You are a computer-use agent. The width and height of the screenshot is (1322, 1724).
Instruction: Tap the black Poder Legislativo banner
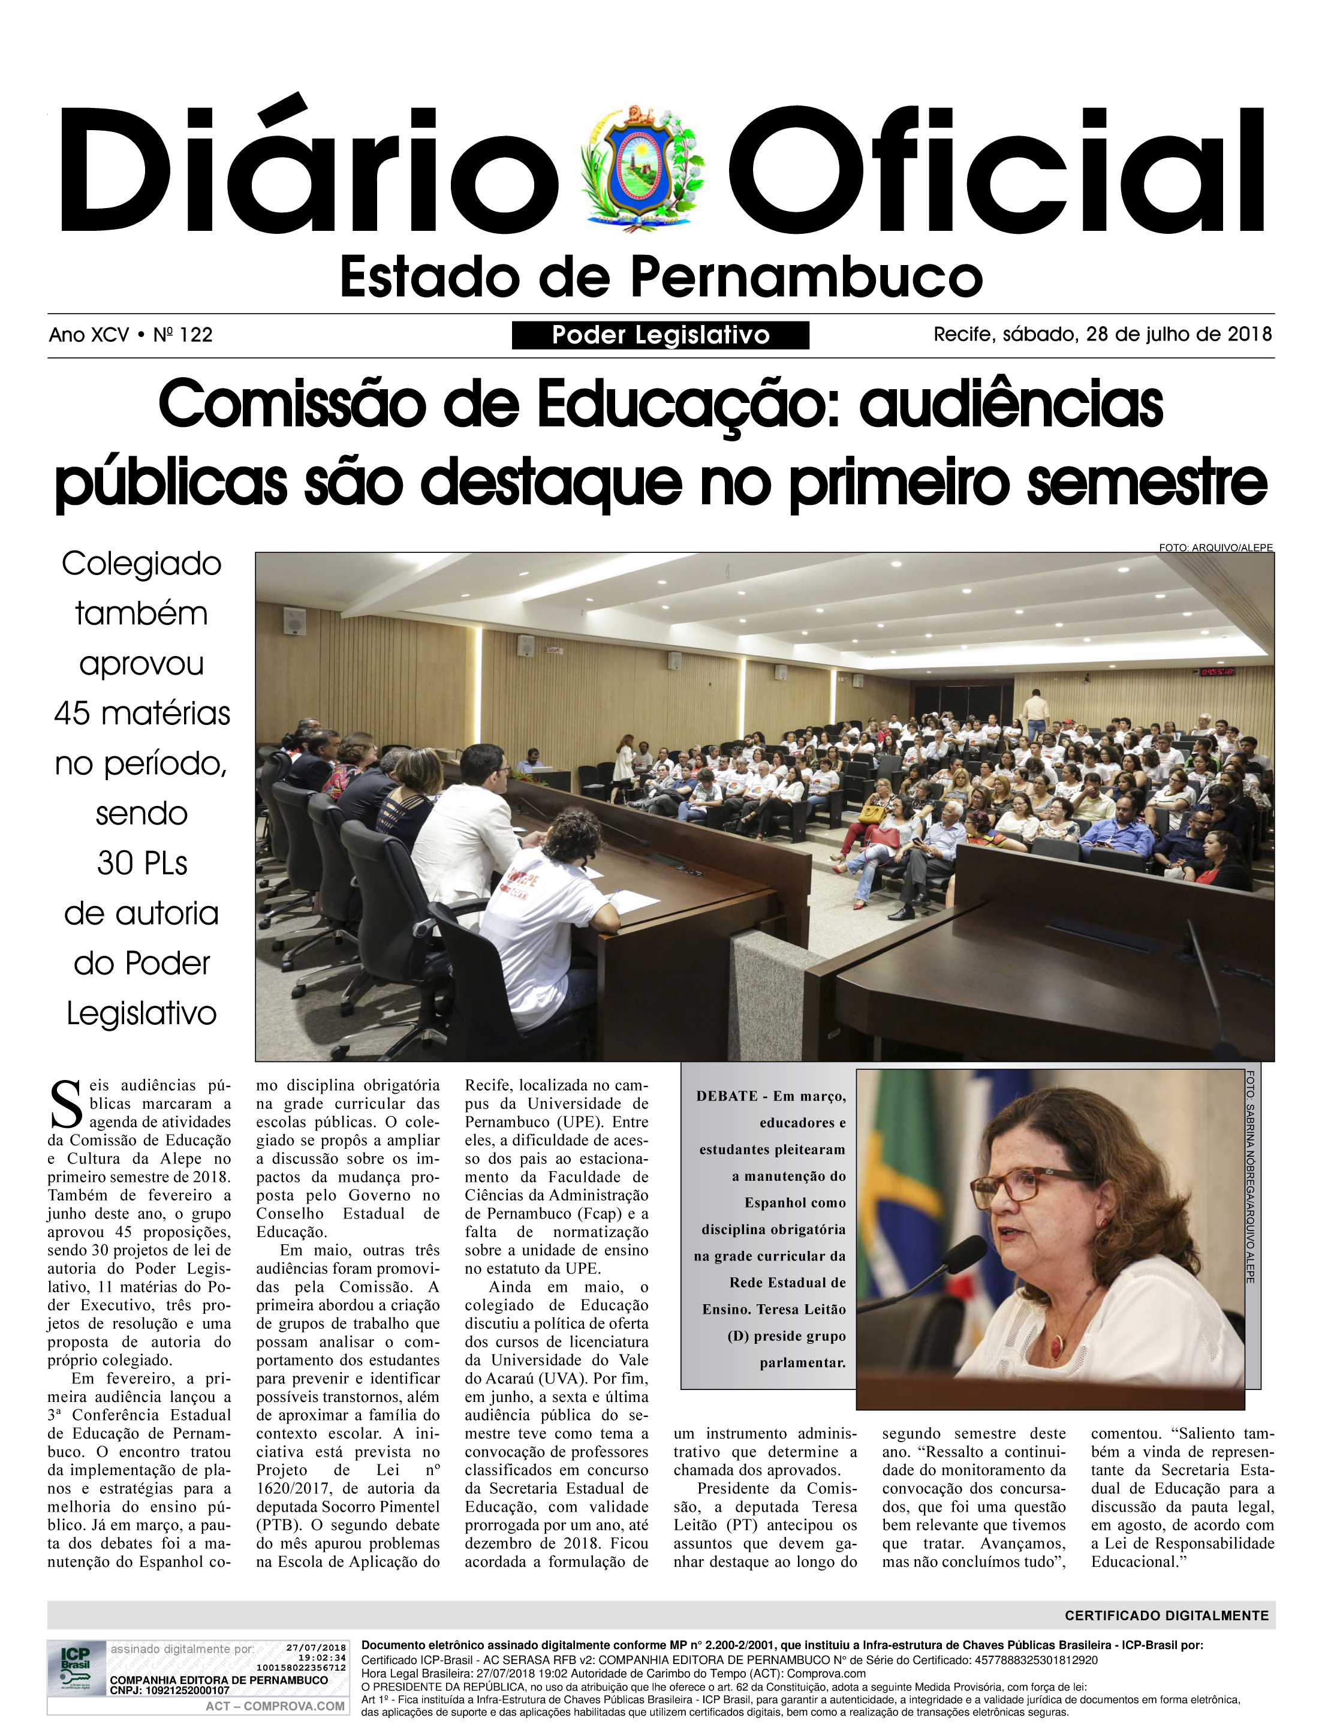(660, 335)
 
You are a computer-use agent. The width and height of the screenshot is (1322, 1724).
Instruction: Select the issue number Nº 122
(182, 335)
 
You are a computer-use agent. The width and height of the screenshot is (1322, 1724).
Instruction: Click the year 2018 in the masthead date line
(1249, 335)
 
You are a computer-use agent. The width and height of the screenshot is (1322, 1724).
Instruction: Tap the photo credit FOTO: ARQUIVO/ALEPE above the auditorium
(1215, 547)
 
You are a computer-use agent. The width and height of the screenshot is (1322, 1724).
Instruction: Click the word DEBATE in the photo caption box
(726, 1096)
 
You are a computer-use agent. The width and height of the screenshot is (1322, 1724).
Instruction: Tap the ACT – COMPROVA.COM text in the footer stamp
(275, 1706)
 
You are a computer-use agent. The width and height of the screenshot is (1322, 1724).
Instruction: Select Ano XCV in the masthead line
(88, 335)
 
